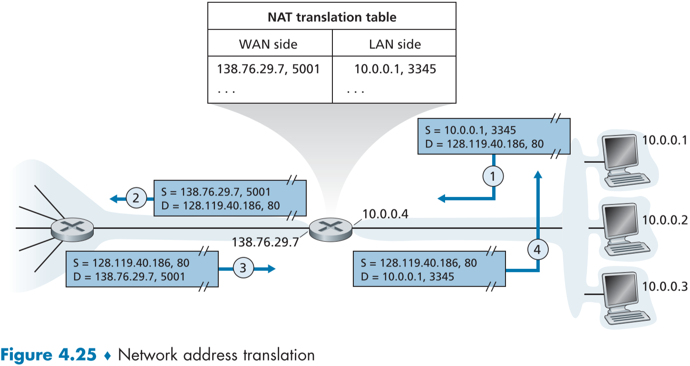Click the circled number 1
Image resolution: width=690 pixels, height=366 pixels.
point(493,177)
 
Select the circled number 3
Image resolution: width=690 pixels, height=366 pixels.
point(243,268)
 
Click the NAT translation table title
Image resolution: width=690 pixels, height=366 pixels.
point(331,18)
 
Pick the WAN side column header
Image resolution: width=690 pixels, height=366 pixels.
point(268,44)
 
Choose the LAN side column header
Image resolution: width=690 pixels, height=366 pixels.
point(395,44)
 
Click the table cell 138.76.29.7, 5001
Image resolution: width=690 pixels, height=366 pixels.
point(268,69)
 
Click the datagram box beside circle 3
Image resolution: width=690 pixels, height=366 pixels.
point(142,269)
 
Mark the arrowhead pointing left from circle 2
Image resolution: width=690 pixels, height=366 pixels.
point(113,198)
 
